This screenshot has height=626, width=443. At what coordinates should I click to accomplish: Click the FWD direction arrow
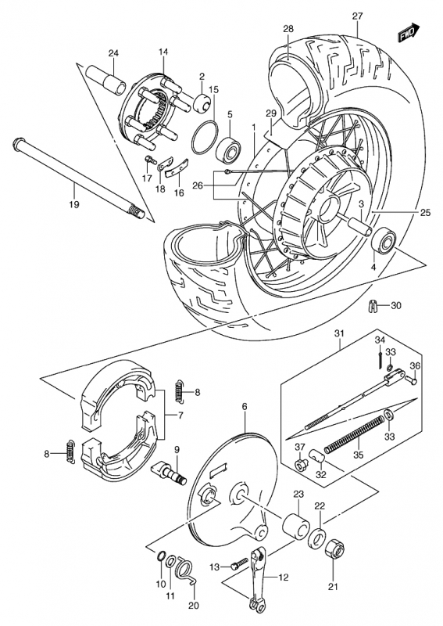point(409,32)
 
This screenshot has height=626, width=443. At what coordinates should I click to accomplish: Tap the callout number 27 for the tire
point(357,16)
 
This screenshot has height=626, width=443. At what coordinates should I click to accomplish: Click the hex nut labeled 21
point(334,552)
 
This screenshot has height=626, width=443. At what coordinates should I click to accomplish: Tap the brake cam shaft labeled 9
point(169,473)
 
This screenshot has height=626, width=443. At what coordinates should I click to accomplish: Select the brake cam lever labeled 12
point(258,579)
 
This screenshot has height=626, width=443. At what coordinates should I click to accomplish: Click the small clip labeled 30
point(372,307)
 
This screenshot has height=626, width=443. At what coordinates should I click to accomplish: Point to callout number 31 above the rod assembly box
point(339,333)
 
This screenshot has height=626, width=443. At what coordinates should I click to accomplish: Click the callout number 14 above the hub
point(163,52)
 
